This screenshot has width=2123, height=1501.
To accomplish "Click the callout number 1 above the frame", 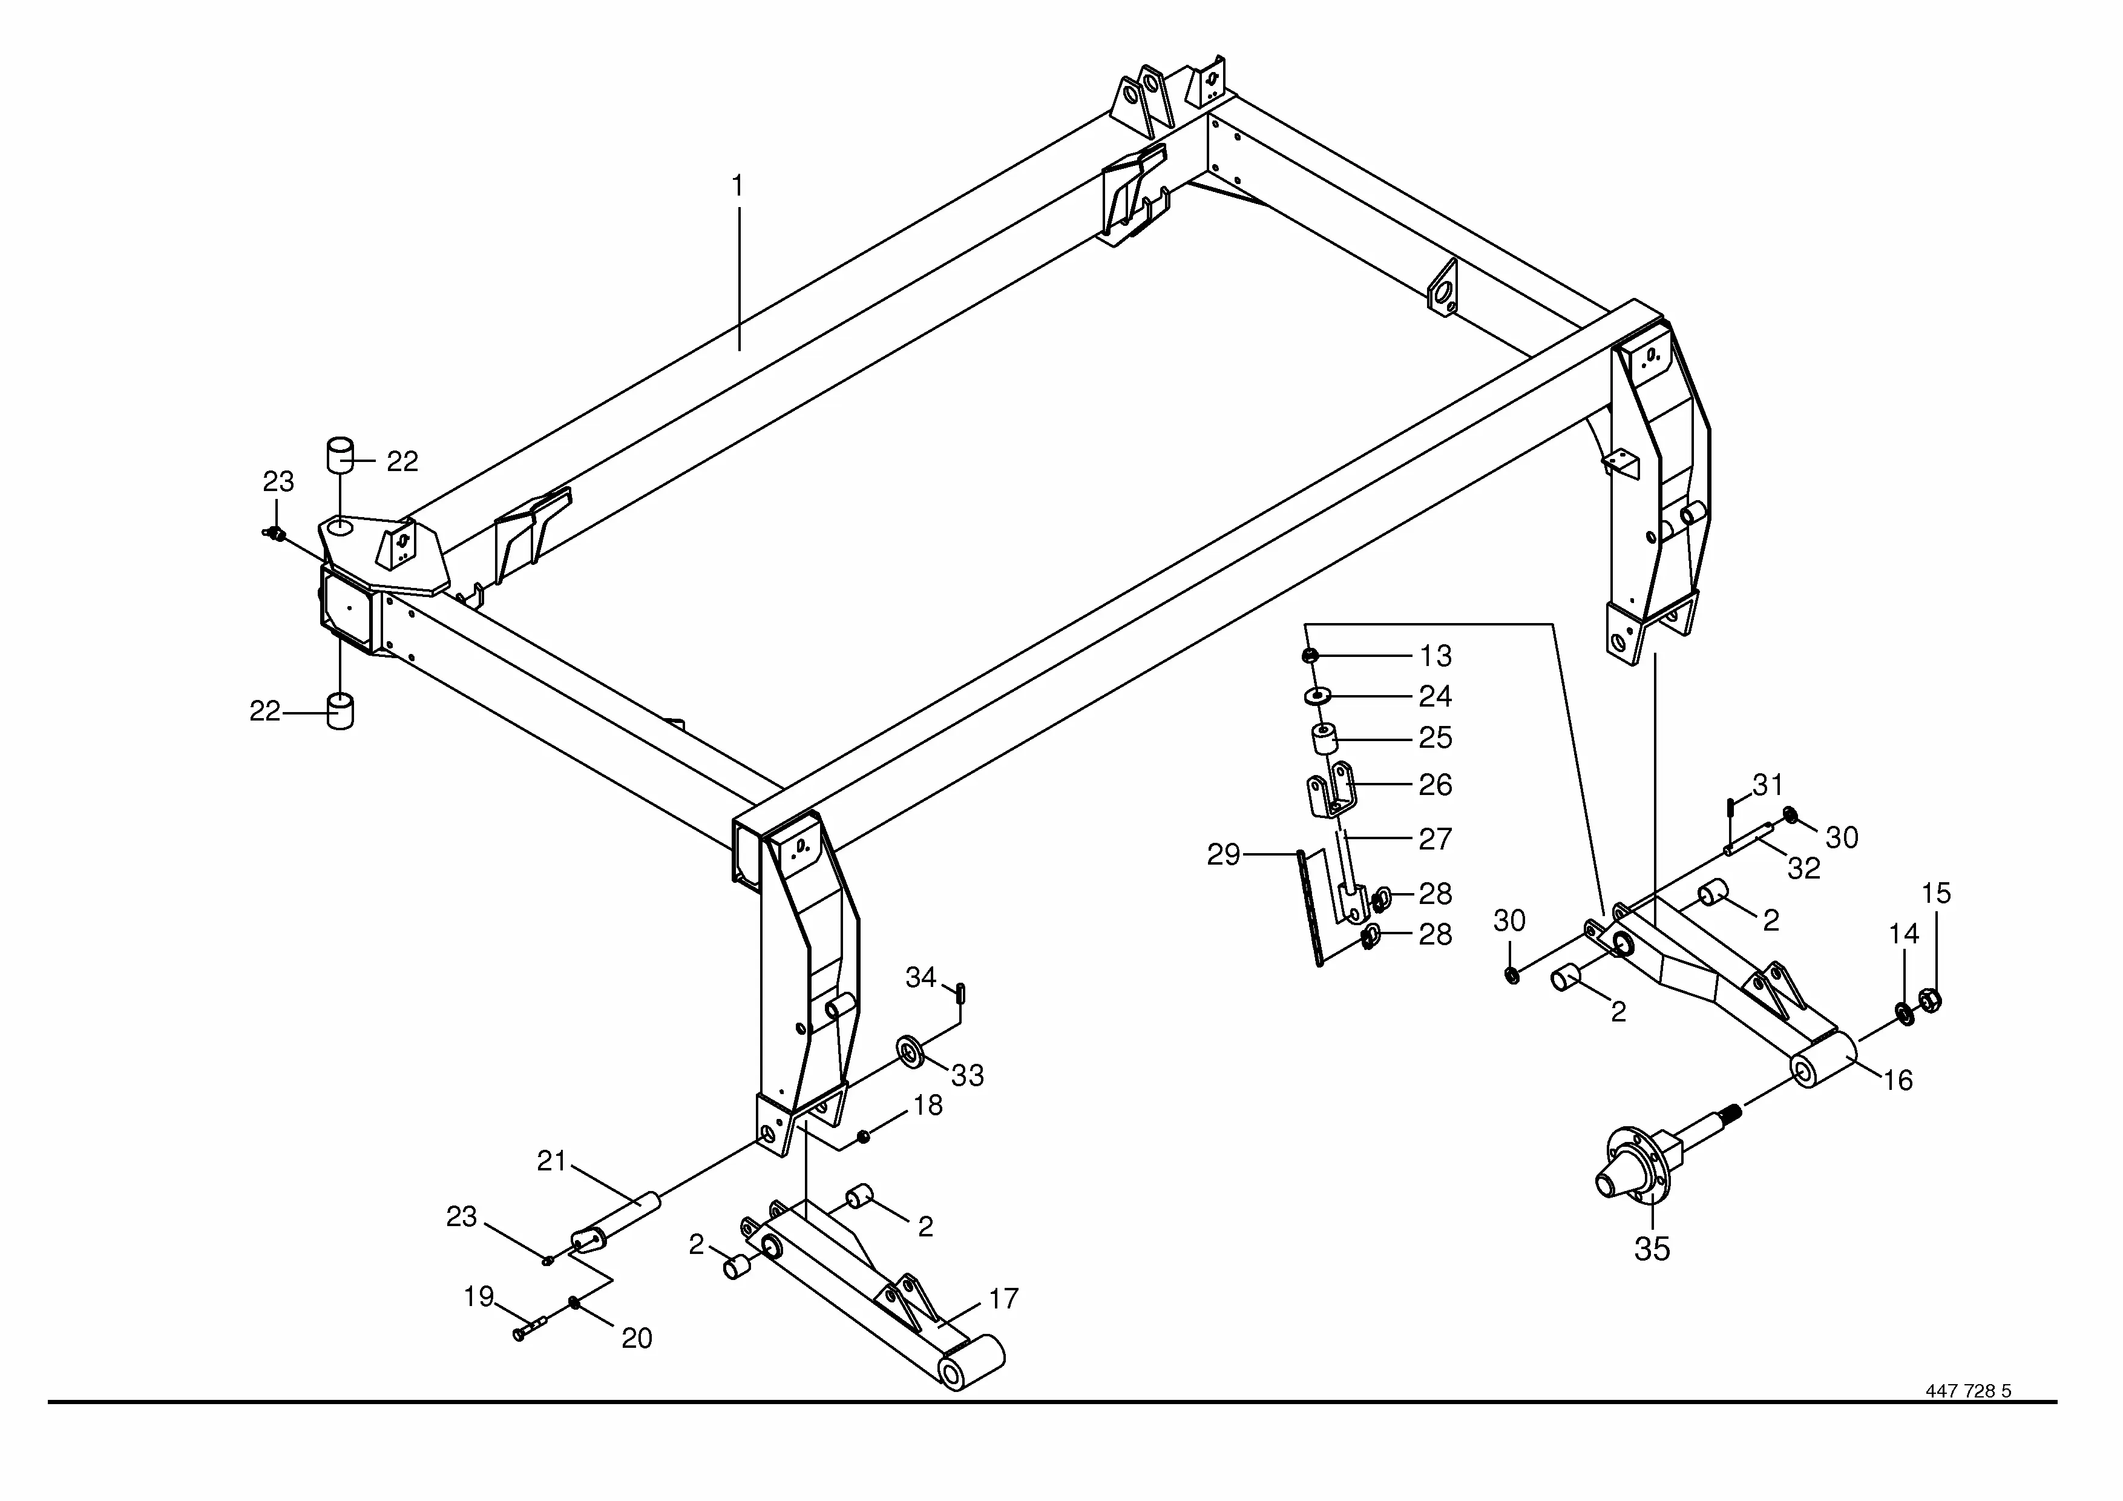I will coord(737,187).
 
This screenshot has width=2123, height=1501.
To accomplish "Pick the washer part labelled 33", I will coord(911,1052).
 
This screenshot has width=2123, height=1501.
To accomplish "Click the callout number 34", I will coord(921,977).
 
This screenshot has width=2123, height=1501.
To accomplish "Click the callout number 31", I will coord(1768,785).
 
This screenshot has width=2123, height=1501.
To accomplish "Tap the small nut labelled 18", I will coord(864,1136).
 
